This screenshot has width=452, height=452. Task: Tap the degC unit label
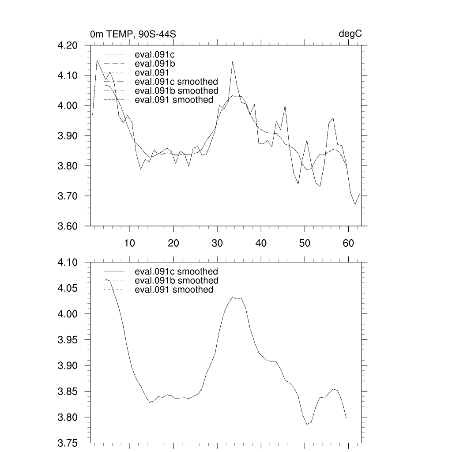coord(350,34)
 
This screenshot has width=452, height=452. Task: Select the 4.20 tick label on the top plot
coord(68,45)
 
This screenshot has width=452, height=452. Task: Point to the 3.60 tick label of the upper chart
coord(68,226)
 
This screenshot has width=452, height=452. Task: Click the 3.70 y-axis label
coord(68,196)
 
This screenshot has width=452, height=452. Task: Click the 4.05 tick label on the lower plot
coord(68,288)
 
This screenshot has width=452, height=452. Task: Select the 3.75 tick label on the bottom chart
coord(68,443)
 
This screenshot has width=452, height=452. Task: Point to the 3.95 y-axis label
coord(68,340)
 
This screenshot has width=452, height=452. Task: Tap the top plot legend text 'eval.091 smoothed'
coord(174,100)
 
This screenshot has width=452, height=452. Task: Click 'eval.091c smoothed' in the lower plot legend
coord(176,271)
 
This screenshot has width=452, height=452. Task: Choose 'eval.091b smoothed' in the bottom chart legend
coord(176,280)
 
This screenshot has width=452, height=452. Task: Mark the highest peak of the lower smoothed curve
coord(233,297)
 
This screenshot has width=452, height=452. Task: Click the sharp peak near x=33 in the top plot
coord(232,62)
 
